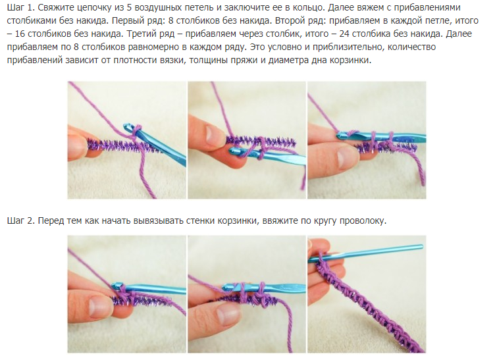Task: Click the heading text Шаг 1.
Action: point(20,8)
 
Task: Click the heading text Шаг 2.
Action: point(20,220)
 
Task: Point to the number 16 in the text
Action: point(20,34)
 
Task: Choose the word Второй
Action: point(289,21)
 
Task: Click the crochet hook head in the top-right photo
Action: point(343,136)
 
